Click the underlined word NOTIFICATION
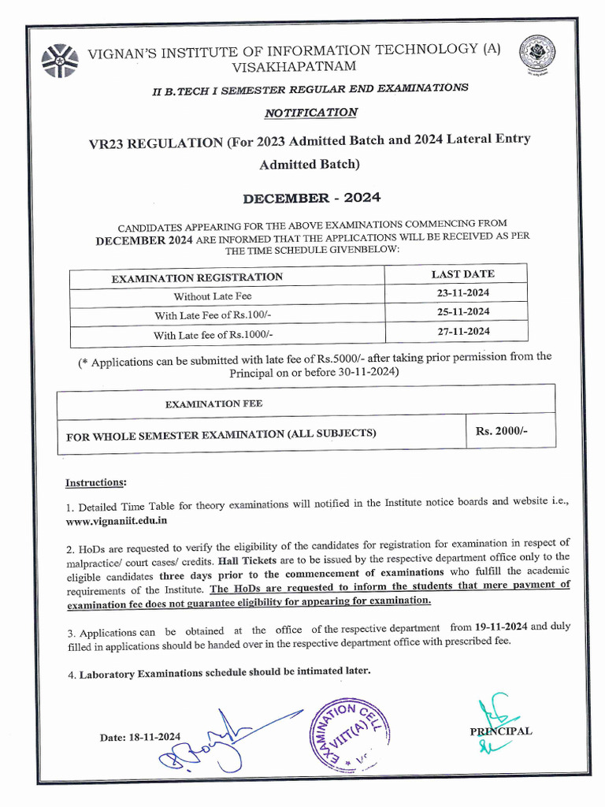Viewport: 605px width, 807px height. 310,113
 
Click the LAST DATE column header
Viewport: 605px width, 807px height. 463,273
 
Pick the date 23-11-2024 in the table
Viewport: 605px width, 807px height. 464,292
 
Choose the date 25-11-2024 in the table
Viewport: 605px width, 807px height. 464,312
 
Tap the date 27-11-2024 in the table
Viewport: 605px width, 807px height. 464,331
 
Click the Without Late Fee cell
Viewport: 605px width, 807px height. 213,296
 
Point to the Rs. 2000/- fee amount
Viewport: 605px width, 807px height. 501,431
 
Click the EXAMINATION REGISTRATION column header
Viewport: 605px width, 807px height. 197,277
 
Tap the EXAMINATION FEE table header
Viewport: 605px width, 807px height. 213,403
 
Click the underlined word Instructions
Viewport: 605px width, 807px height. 95,482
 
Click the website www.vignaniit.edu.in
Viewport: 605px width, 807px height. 117,521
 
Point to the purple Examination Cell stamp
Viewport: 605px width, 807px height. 347,732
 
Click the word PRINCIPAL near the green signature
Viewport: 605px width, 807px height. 501,731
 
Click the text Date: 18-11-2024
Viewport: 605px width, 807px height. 140,737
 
